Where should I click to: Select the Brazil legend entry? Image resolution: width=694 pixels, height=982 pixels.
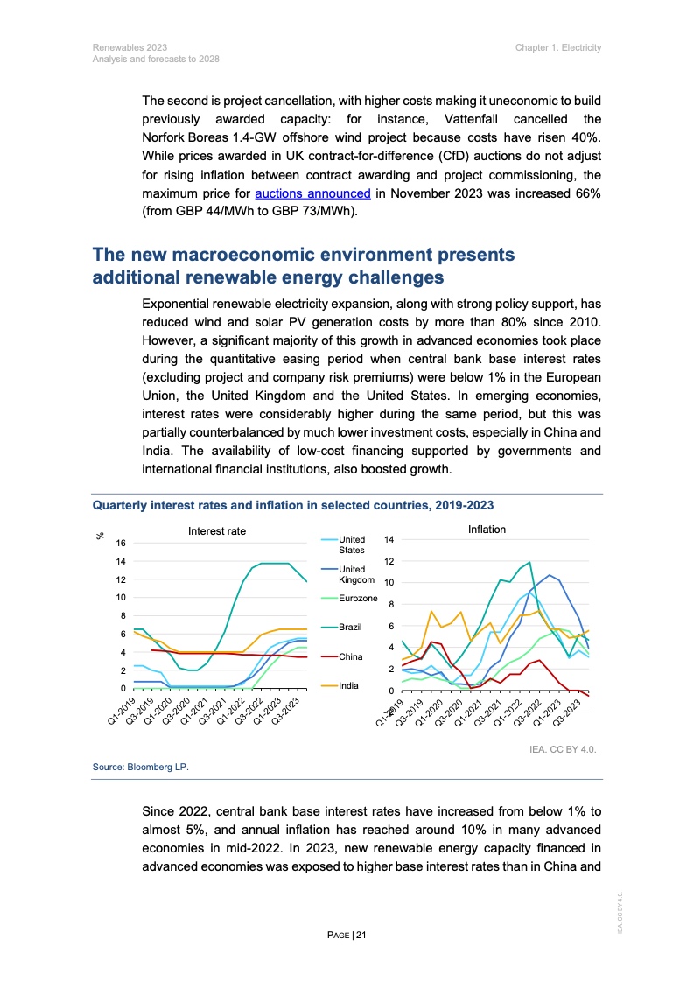pos(351,627)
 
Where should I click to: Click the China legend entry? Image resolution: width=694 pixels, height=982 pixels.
pos(350,656)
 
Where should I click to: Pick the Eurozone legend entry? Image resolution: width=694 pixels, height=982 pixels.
pos(357,598)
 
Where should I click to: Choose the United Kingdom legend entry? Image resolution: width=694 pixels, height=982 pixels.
pos(356,574)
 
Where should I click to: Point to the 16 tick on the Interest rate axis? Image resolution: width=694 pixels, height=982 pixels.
pos(119,544)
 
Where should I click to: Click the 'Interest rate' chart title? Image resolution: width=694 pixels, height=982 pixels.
pos(217,531)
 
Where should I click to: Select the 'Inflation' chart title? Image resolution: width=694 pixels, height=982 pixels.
pos(487,530)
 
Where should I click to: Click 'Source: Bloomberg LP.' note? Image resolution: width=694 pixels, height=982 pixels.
pos(141,767)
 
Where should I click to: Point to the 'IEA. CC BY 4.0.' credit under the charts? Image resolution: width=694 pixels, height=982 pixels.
pos(564,750)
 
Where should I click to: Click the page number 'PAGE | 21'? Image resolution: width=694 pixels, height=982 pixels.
pos(347,935)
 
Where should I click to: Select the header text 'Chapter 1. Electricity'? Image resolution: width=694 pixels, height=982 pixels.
pos(558,47)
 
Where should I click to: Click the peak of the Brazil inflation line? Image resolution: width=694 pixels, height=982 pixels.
pos(529,562)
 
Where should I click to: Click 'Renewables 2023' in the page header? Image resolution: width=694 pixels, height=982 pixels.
pos(130,47)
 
